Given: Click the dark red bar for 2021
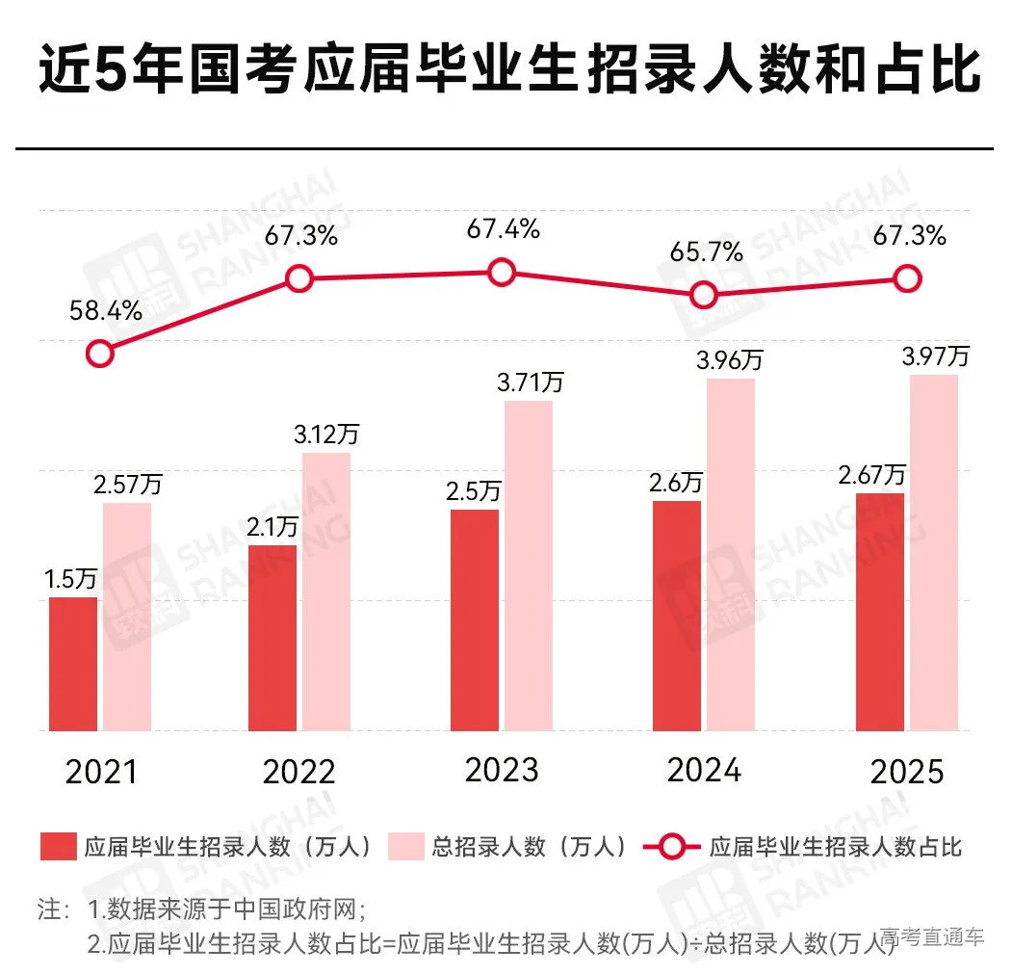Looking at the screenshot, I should pos(73,664).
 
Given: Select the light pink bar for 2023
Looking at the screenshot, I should pos(529,566).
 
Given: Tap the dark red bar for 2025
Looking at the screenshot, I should pos(880,612).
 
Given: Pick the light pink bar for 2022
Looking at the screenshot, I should pos(326,592).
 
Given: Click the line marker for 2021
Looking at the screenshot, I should pos(99,354).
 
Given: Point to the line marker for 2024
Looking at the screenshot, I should pos(704,294).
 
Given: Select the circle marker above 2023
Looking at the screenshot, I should pos(502,273).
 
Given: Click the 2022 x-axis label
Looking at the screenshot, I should pos(298,772).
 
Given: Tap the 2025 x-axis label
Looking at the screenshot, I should pos(907,773).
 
